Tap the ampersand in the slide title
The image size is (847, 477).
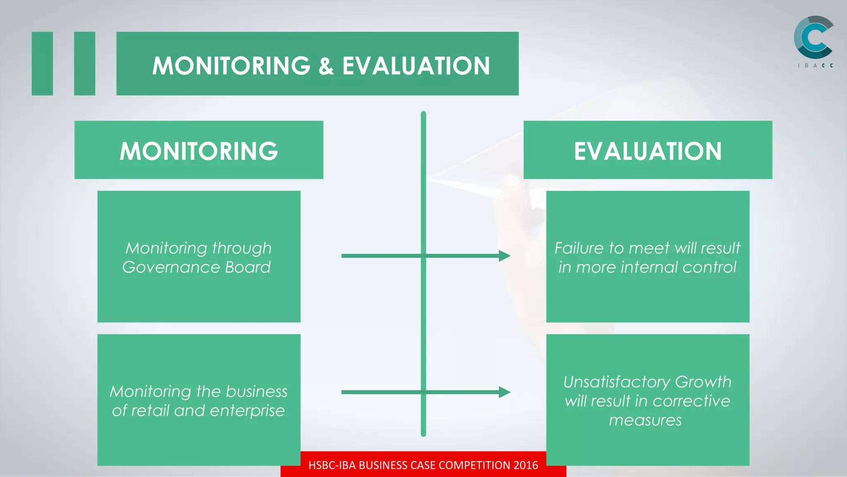[x=326, y=66]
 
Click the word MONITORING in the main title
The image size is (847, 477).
[x=231, y=66]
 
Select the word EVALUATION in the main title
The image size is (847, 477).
[x=416, y=66]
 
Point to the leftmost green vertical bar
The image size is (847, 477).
[x=42, y=63]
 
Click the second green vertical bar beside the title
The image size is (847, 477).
[x=84, y=63]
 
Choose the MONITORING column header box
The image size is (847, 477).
[x=199, y=150]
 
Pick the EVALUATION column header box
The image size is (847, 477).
[x=648, y=150]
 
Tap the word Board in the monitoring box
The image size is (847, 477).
[x=248, y=267]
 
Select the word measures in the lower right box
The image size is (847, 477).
[x=645, y=420]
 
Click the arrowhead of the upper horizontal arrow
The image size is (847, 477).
[x=505, y=256]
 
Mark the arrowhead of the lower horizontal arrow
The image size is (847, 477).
[x=505, y=392]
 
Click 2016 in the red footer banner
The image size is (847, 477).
[x=526, y=465]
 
